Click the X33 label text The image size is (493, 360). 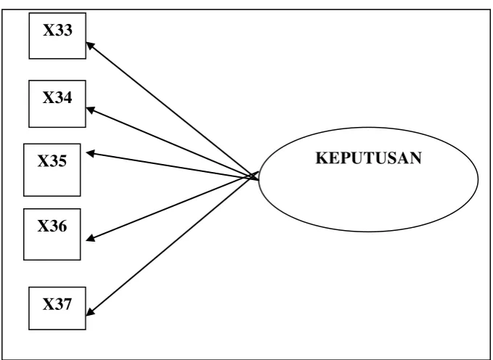(57, 30)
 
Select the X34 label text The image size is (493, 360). (57, 97)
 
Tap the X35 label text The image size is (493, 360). (52, 161)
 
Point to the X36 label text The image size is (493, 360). (52, 226)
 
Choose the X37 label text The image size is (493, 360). (57, 304)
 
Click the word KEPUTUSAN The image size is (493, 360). (369, 157)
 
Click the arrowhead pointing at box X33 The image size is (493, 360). (90, 46)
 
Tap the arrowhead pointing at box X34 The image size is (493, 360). (91, 110)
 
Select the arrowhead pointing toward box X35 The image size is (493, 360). (90, 153)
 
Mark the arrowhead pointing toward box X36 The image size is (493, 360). (91, 238)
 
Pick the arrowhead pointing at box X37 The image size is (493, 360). (90, 311)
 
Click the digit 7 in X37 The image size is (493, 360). (68, 304)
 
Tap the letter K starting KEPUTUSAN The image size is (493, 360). (321, 157)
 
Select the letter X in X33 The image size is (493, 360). (49, 30)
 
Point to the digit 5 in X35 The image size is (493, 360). (62, 161)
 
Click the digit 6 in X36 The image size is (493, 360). (62, 226)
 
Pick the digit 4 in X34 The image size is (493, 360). (68, 97)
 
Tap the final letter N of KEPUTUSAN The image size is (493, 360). (415, 157)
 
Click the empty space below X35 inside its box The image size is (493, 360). (52, 182)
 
